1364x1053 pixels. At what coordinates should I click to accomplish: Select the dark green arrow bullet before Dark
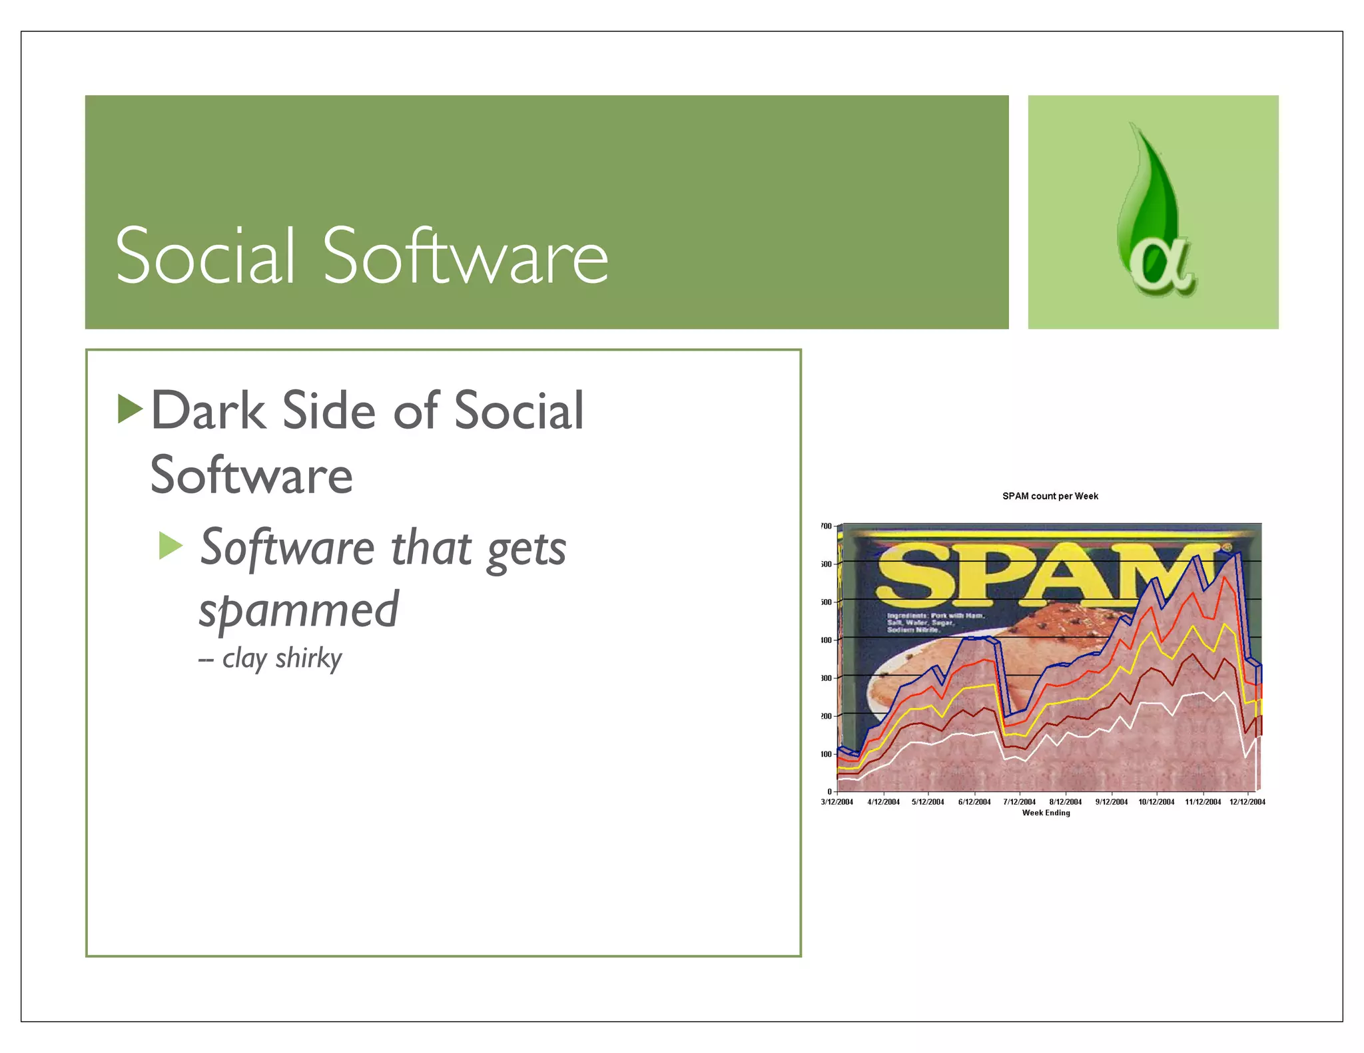(x=130, y=409)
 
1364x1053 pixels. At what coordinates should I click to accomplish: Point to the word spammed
(x=298, y=610)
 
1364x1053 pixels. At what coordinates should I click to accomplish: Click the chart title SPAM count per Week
(x=1050, y=496)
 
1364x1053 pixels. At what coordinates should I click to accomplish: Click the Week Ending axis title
(x=1046, y=813)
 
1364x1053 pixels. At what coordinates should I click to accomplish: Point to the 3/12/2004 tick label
(x=837, y=802)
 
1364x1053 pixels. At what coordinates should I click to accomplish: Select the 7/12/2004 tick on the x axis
(x=1019, y=802)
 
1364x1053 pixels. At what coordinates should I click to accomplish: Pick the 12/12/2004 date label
(x=1247, y=802)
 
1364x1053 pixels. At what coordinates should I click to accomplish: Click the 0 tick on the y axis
(x=829, y=791)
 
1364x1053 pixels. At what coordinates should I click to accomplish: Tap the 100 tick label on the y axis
(x=827, y=754)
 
